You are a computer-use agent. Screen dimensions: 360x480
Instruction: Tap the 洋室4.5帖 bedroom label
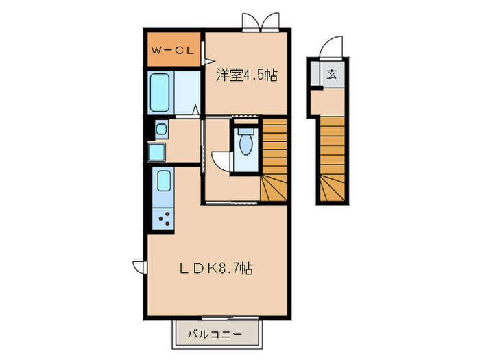tap(248, 75)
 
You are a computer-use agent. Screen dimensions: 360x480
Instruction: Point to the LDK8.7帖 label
tap(216, 269)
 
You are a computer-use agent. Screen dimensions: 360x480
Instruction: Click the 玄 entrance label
tap(332, 74)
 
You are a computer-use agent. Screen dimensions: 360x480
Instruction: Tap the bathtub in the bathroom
tap(161, 92)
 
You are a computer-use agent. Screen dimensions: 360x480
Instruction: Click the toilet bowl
tap(245, 145)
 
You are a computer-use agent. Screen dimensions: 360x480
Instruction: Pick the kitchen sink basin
tap(163, 182)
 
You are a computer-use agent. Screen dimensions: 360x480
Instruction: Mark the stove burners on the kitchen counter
tap(165, 219)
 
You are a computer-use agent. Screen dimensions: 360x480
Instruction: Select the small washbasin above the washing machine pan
tap(160, 128)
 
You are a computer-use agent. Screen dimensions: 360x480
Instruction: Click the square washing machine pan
tap(157, 151)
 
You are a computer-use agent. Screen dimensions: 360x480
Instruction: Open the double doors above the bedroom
tap(261, 23)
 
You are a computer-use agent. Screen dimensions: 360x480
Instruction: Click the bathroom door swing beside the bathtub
tap(196, 108)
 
